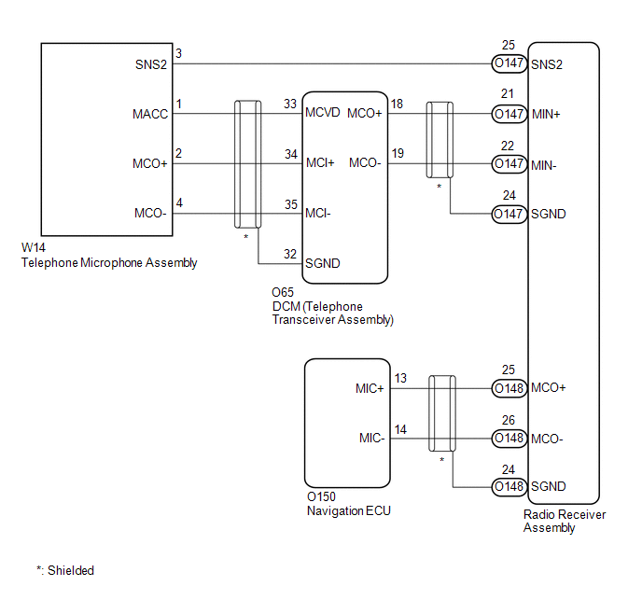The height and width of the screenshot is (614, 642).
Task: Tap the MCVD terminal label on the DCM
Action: (x=323, y=114)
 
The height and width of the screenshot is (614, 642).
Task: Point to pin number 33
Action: (x=289, y=104)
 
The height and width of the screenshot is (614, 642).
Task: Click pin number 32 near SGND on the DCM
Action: (x=289, y=253)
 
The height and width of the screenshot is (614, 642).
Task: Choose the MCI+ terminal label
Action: (x=320, y=163)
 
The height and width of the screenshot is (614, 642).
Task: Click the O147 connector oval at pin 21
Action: (x=509, y=114)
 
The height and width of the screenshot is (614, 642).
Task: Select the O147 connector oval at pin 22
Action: (x=509, y=163)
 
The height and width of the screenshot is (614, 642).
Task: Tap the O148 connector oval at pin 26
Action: (x=509, y=438)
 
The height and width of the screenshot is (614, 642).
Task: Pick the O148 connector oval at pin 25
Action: (x=509, y=387)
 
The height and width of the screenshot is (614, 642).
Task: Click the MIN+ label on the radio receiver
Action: (x=548, y=114)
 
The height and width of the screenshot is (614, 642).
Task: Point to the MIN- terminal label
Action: (x=546, y=163)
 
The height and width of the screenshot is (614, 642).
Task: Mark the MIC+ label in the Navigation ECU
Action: (x=370, y=388)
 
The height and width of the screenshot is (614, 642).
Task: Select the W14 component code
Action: (x=34, y=249)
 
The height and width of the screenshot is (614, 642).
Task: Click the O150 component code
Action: (x=322, y=497)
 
